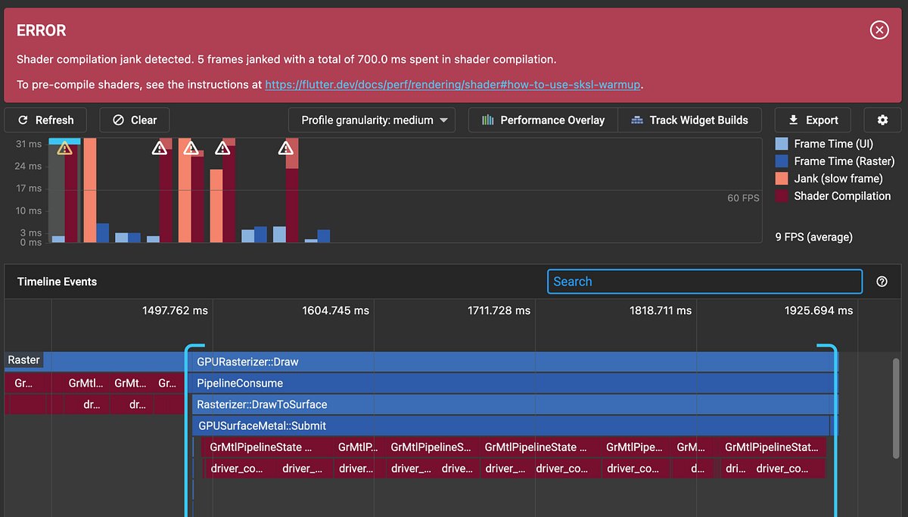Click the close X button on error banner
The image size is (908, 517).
(x=878, y=30)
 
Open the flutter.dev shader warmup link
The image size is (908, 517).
(x=452, y=85)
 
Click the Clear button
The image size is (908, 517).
(x=134, y=120)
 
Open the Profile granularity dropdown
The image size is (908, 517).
(x=372, y=120)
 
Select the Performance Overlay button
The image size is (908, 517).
(x=543, y=120)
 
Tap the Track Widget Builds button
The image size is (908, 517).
(x=689, y=120)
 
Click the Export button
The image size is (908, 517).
(x=813, y=120)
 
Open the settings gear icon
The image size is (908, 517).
(x=882, y=120)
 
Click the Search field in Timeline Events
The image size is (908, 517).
(x=704, y=282)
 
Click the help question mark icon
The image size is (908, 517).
(x=882, y=282)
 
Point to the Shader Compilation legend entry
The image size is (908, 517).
(x=832, y=196)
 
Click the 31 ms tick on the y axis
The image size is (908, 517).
(x=30, y=144)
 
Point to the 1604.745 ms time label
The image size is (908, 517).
(x=335, y=310)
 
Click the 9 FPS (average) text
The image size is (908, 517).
(x=814, y=237)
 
